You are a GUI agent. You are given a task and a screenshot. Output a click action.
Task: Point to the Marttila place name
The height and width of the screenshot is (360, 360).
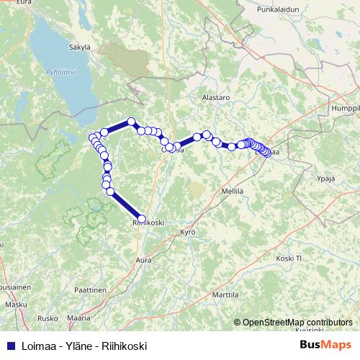tap(225, 295)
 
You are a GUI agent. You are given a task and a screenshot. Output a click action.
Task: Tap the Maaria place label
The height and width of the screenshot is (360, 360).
tap(78, 318)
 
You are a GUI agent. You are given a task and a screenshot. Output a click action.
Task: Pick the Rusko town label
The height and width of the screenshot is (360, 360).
tap(47, 318)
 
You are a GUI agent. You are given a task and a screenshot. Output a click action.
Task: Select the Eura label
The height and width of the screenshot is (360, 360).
tap(24, 3)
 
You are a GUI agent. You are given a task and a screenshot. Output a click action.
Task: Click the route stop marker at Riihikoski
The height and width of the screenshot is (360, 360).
tap(141, 219)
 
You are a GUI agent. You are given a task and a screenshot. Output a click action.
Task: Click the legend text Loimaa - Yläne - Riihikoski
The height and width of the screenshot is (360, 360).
tap(84, 346)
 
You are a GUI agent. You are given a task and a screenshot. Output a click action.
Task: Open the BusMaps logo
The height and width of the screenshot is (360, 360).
tap(325, 345)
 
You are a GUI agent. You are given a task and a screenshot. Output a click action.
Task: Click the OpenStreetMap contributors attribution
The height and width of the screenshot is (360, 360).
tap(297, 323)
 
